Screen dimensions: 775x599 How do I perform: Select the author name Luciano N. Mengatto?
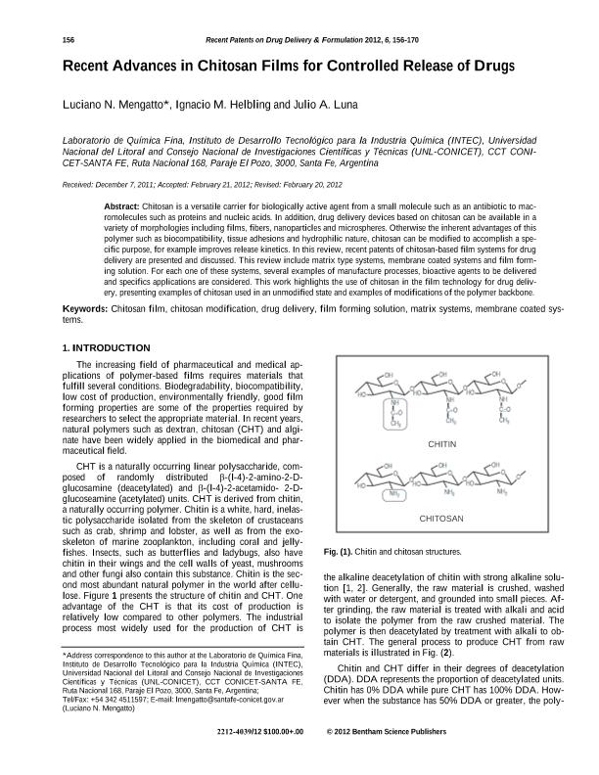click(x=116, y=104)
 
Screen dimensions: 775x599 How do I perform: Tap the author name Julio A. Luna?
click(x=331, y=104)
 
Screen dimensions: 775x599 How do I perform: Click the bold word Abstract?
click(x=121, y=208)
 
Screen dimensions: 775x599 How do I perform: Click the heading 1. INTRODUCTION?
click(x=106, y=347)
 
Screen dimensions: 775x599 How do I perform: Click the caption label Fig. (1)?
click(x=340, y=553)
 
